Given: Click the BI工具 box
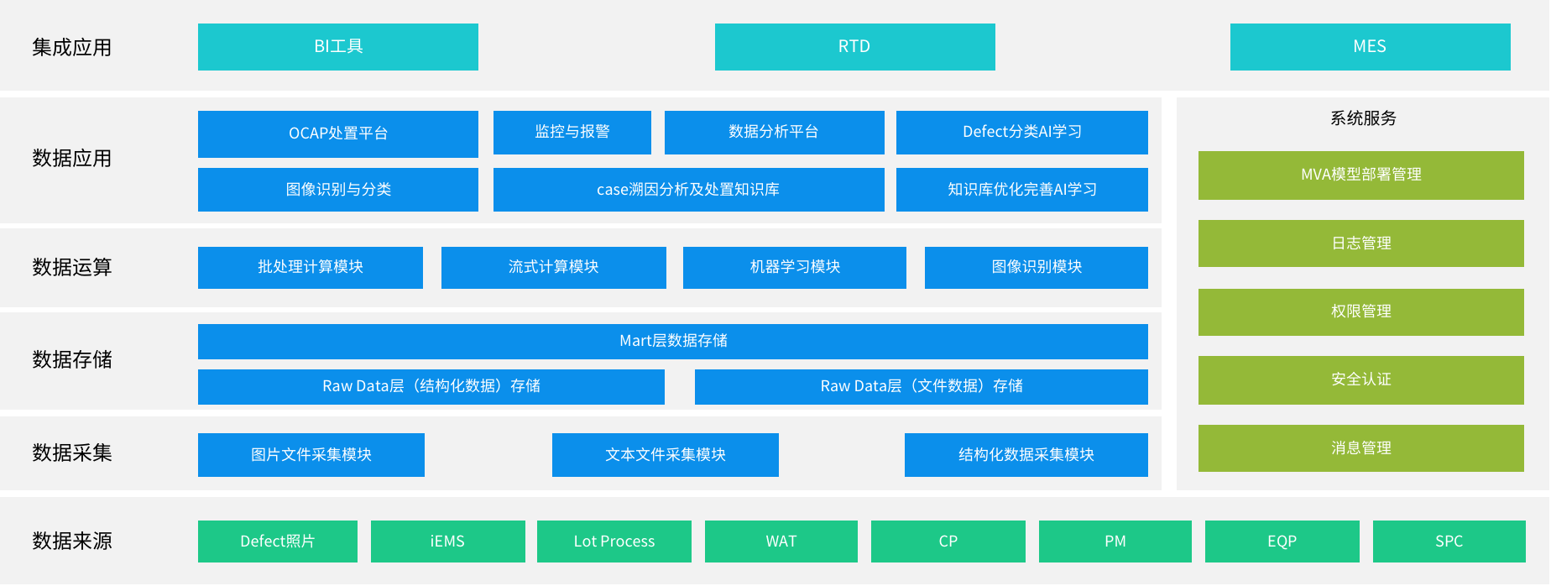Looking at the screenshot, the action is (x=338, y=47).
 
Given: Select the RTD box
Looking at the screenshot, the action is (x=855, y=47).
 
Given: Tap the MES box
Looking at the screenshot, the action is (x=1371, y=47).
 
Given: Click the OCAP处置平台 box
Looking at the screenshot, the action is (x=338, y=134).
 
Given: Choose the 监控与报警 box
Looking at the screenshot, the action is (x=572, y=133).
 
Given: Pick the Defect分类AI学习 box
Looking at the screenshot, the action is (x=1022, y=133).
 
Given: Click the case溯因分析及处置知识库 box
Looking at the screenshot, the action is (x=689, y=190).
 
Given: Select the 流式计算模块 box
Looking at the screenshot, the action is (x=554, y=268).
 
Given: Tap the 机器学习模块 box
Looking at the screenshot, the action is (x=795, y=268).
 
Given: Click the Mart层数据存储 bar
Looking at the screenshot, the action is (x=673, y=342).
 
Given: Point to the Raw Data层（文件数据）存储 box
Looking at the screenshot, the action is (x=922, y=387).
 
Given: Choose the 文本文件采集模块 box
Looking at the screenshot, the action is (x=666, y=455).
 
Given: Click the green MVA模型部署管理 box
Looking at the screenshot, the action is (x=1361, y=175).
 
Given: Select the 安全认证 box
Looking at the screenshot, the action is (x=1361, y=380).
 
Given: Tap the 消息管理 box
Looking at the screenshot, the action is (x=1361, y=448).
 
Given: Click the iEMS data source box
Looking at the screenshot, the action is (x=448, y=542).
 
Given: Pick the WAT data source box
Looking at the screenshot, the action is (x=781, y=542).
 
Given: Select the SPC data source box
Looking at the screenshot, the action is (x=1449, y=542).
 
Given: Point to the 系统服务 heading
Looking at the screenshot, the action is (x=1363, y=118).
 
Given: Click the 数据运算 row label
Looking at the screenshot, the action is (x=72, y=268).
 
